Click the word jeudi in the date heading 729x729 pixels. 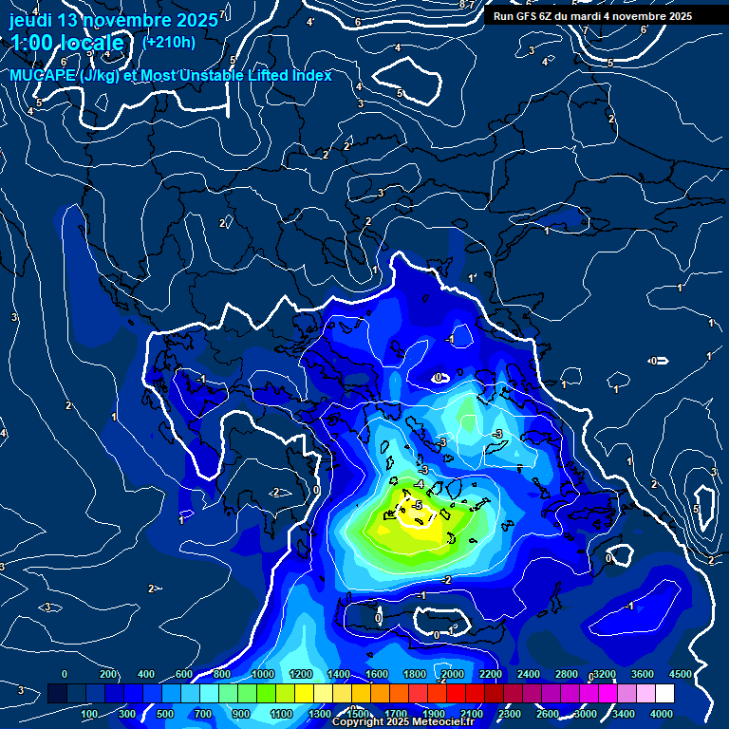33,20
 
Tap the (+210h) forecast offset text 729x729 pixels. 169,42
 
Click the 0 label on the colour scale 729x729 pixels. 65,674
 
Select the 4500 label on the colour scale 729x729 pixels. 680,674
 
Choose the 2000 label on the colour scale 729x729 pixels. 454,674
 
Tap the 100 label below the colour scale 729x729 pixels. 89,714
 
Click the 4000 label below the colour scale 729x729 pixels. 661,714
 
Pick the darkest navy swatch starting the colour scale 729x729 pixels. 57,694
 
